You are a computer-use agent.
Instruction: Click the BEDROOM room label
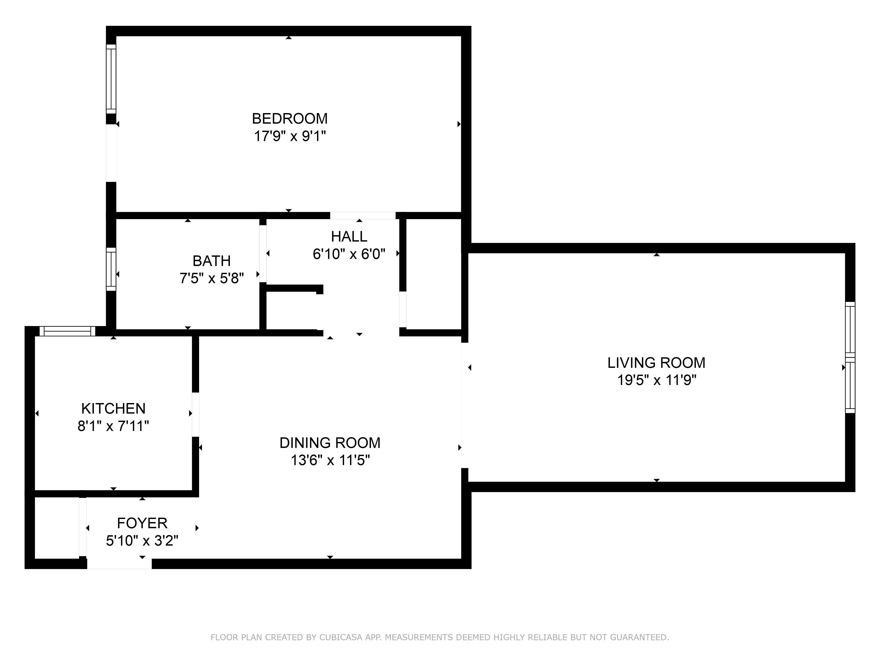click(290, 119)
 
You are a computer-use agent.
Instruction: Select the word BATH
click(212, 261)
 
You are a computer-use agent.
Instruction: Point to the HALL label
click(349, 237)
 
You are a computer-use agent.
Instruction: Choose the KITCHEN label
click(113, 409)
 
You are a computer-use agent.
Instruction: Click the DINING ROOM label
click(330, 443)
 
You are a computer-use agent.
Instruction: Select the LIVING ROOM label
click(656, 363)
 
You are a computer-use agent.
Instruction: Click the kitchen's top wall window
click(68, 331)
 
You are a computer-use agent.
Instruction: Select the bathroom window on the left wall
click(111, 269)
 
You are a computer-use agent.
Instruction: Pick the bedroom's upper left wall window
click(111, 79)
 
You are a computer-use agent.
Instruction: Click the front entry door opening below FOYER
click(119, 563)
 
